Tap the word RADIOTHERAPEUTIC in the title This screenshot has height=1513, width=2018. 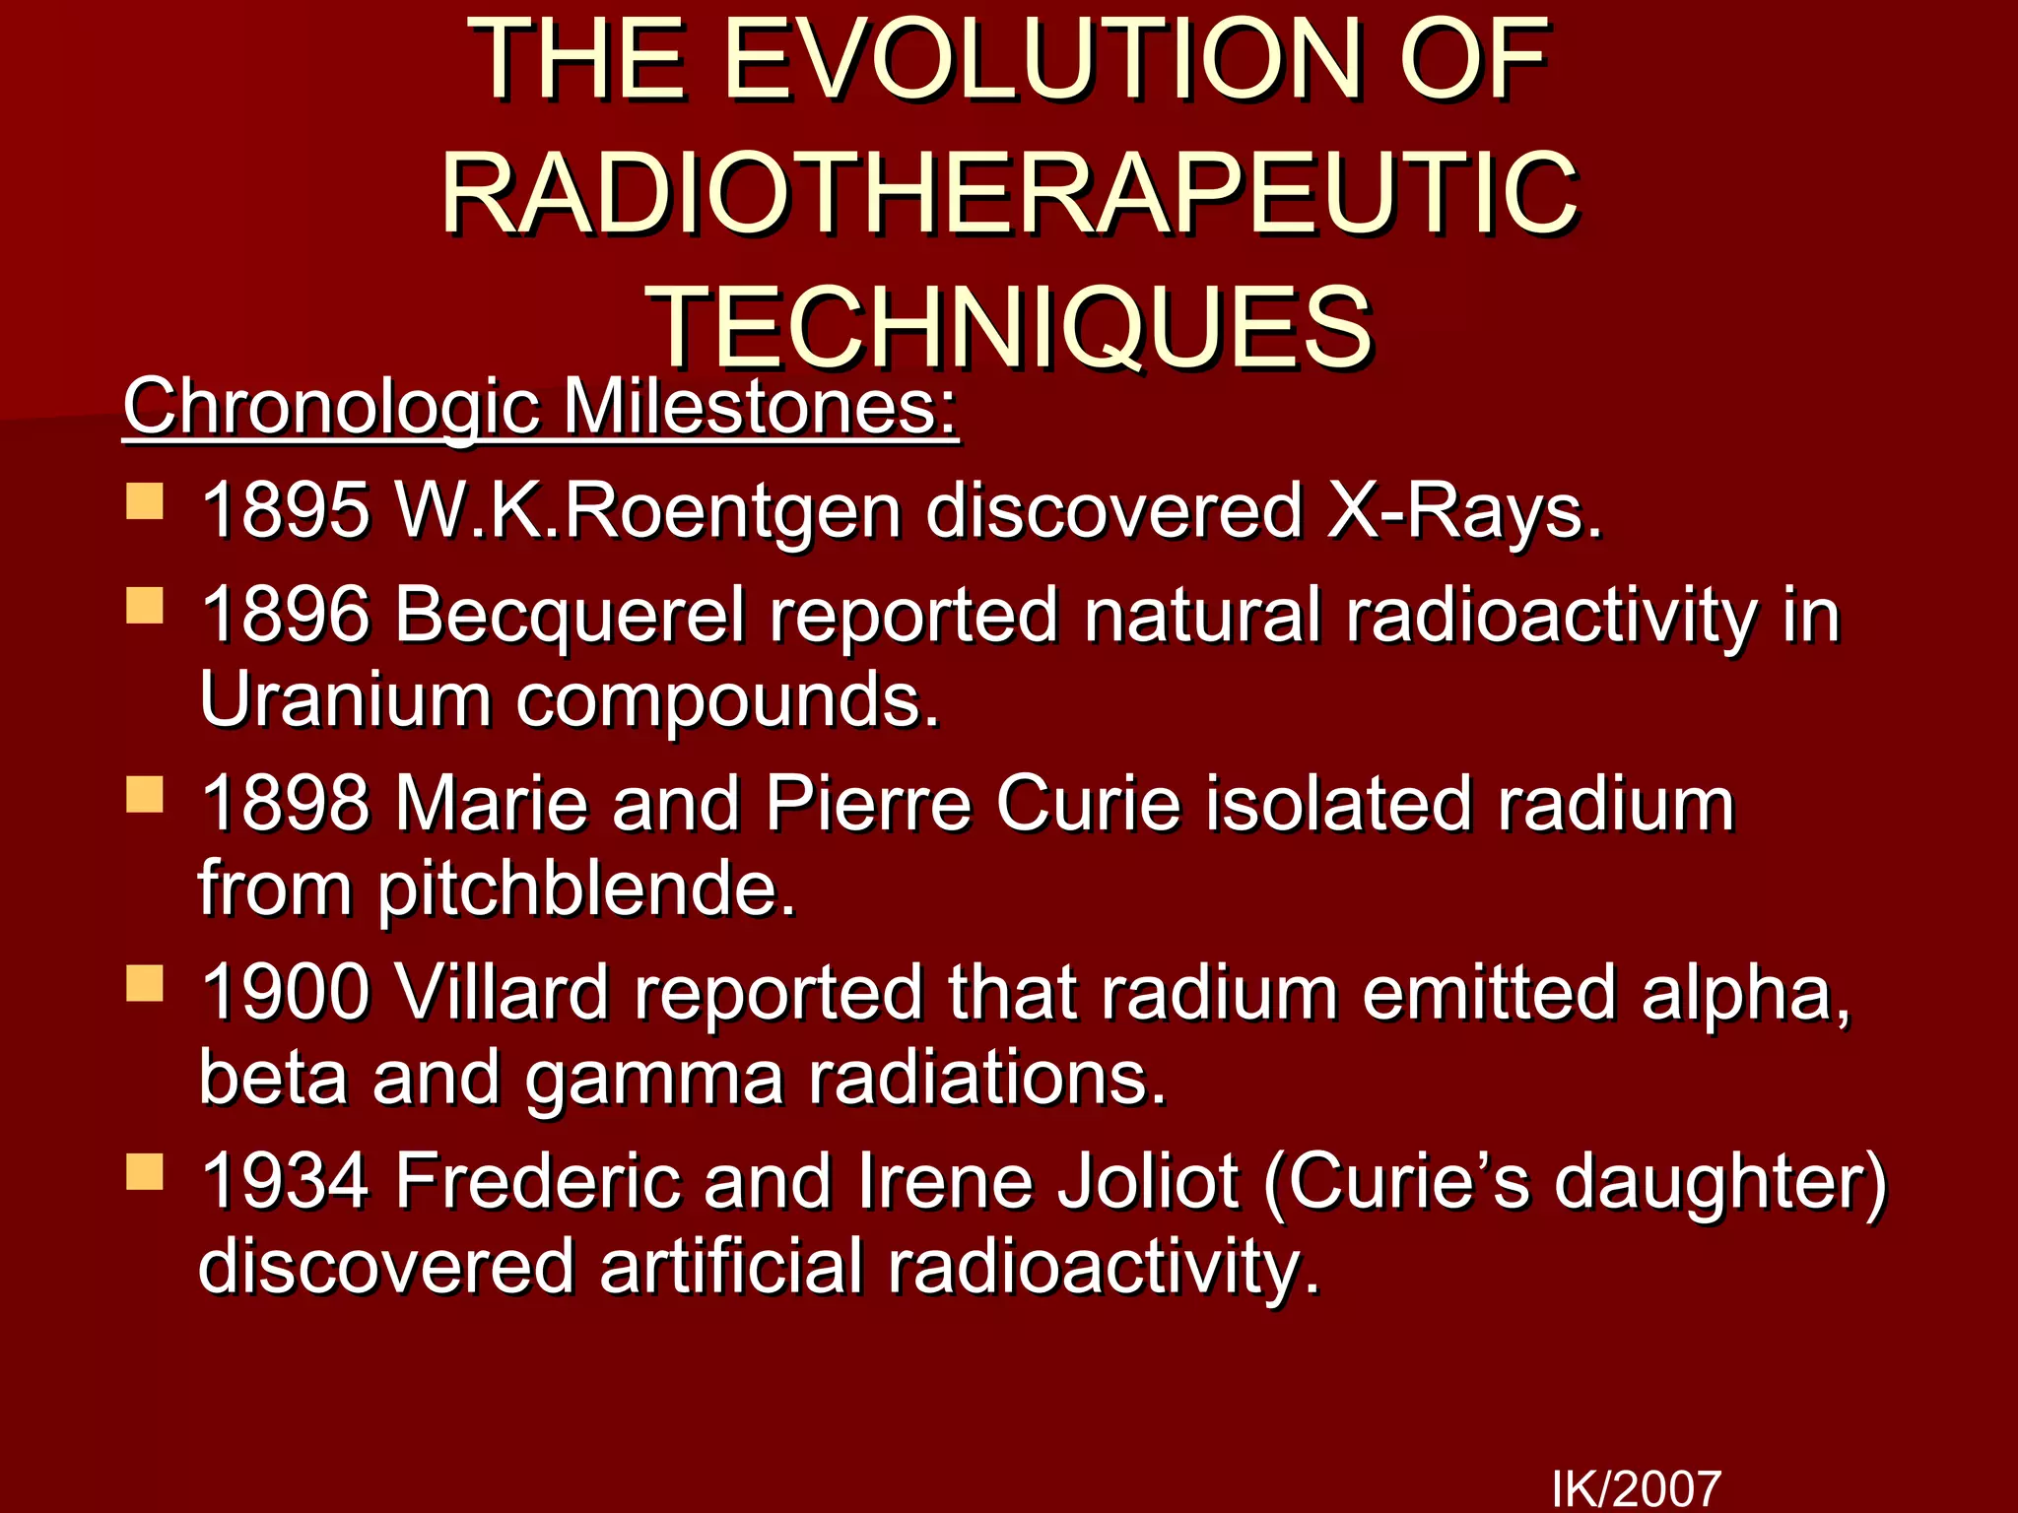click(x=1009, y=194)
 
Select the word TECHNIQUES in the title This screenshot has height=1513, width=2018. click(x=1011, y=327)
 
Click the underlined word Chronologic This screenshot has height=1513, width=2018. click(x=331, y=408)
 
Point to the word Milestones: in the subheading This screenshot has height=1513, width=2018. click(x=760, y=408)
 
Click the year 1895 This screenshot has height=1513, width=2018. click(x=285, y=511)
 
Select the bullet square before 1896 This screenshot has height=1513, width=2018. click(x=145, y=605)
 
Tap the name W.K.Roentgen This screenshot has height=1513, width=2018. click(x=647, y=511)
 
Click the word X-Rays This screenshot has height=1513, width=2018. click(x=1464, y=511)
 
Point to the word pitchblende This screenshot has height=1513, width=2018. click(x=586, y=889)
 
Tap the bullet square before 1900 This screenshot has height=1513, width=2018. click(x=145, y=983)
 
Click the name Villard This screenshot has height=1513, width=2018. click(x=502, y=993)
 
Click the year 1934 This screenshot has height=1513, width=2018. click(x=285, y=1181)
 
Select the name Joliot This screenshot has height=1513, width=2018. click(x=1147, y=1181)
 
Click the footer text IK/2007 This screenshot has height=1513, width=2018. click(x=1637, y=1488)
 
